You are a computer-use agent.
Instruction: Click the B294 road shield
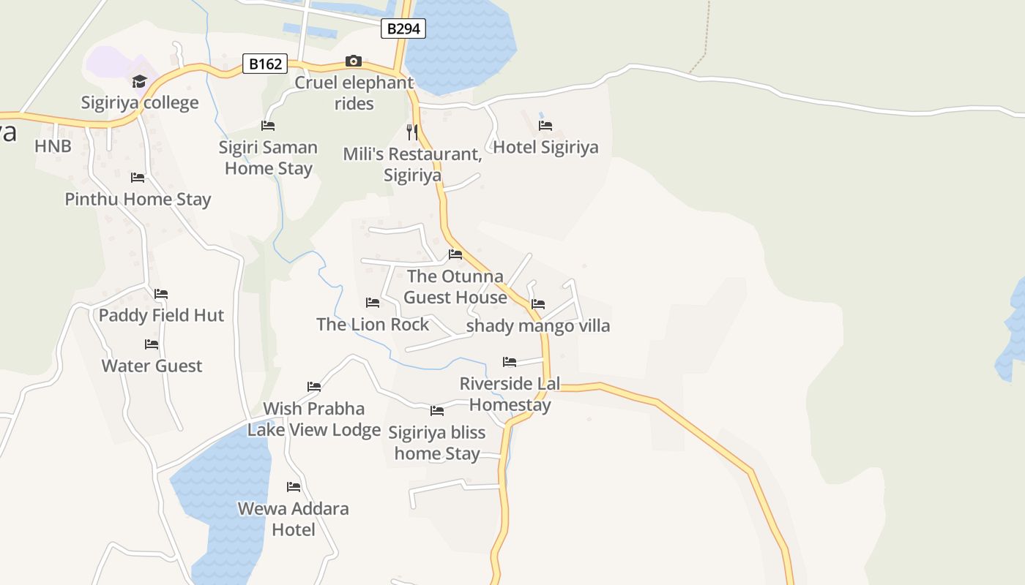point(403,29)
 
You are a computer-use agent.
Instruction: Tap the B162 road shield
point(265,64)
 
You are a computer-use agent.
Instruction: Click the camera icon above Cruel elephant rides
point(354,61)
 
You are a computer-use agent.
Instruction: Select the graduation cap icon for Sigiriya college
point(139,81)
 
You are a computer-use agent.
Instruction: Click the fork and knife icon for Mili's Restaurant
point(412,132)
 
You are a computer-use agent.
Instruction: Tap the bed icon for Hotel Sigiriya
point(545,126)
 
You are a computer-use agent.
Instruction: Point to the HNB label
point(53,146)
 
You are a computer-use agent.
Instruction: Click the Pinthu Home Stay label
point(138,199)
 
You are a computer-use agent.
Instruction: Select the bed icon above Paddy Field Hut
point(161,294)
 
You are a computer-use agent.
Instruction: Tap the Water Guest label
point(152,366)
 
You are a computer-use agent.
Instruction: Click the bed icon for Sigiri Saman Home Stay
point(268,126)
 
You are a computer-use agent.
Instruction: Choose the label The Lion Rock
point(373,324)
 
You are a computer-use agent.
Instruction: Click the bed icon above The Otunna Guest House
point(455,254)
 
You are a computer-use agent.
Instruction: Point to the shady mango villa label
point(538,325)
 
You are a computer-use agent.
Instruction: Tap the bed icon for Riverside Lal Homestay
point(510,362)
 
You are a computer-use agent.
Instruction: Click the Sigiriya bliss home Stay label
point(437,442)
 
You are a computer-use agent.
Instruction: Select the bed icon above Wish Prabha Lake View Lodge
point(314,387)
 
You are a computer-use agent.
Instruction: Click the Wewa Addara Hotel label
point(294,518)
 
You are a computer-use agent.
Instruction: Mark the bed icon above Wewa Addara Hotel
point(294,487)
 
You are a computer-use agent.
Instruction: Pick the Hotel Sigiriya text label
point(545,147)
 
